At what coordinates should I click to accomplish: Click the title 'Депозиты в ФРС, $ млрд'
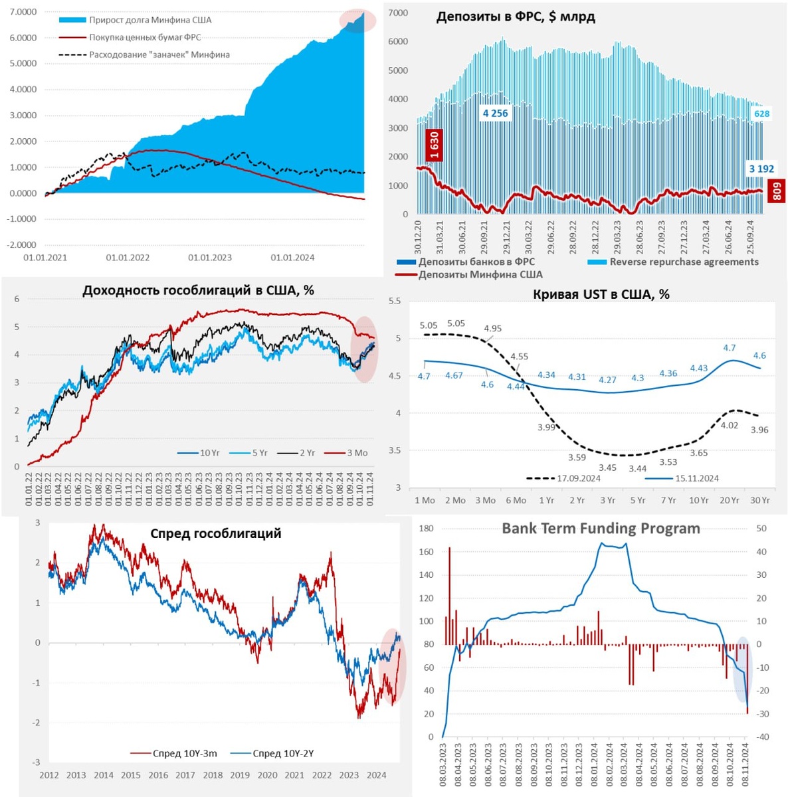[515, 17]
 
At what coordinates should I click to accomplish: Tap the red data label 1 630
[434, 146]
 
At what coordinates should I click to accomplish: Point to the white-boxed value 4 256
[495, 114]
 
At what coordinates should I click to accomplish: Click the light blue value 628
[761, 114]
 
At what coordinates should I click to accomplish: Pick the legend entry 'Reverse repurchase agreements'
[684, 262]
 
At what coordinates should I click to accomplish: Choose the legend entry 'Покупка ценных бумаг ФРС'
[145, 37]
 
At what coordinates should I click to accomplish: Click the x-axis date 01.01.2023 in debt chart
[210, 258]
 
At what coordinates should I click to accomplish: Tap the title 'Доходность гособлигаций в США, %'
[198, 290]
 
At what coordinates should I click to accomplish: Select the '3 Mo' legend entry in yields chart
[357, 453]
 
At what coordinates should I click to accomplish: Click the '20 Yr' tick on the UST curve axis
[729, 500]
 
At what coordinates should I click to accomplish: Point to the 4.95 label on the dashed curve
[492, 329]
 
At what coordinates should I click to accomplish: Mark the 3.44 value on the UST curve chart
[637, 468]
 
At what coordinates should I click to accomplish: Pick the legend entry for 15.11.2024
[697, 478]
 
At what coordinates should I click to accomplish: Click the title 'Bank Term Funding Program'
[601, 529]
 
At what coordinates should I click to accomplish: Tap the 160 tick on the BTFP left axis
[427, 552]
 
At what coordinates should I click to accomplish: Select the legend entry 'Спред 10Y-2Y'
[283, 753]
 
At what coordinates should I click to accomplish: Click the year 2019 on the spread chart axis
[240, 775]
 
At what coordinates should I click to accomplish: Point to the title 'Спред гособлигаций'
[215, 534]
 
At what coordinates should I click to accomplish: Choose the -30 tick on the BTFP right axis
[763, 714]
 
